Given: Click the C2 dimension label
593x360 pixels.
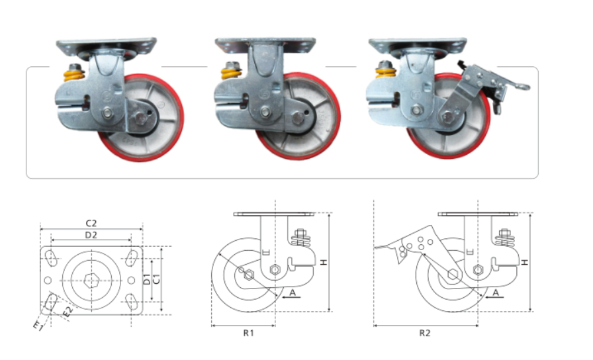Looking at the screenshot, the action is click(91, 223).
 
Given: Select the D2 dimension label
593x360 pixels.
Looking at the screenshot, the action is click(91, 235).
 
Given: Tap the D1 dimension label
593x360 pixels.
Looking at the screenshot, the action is click(147, 279).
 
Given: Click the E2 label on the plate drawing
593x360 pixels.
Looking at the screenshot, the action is click(68, 311).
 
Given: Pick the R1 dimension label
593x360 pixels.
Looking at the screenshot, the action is click(248, 333).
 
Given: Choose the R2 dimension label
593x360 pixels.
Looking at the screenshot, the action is click(425, 333).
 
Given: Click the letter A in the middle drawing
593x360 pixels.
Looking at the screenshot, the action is click(293, 292).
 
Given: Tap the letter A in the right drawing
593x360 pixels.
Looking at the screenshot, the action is click(496, 292).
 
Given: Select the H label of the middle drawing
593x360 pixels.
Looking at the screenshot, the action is click(324, 261).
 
